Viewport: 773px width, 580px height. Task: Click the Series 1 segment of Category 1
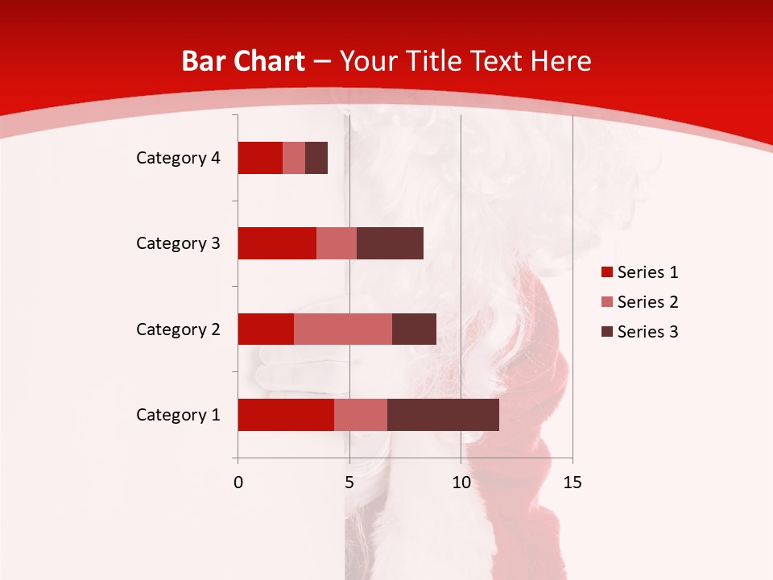click(x=286, y=415)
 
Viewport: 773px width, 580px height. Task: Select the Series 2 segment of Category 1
click(x=361, y=415)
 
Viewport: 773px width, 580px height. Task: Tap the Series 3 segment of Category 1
click(x=443, y=415)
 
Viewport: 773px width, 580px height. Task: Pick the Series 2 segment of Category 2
click(x=343, y=329)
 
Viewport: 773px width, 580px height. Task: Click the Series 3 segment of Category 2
click(x=414, y=329)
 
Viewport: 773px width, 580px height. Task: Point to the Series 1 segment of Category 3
click(x=277, y=243)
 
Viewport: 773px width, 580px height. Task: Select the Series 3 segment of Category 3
click(x=390, y=243)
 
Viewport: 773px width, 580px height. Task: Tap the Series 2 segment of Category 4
click(x=294, y=158)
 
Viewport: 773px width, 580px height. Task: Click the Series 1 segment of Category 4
click(x=260, y=158)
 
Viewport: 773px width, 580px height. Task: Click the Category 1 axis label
click(x=178, y=415)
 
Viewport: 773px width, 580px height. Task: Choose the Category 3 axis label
click(x=178, y=243)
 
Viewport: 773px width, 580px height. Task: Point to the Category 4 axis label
click(x=178, y=158)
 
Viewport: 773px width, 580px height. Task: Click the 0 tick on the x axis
click(x=238, y=483)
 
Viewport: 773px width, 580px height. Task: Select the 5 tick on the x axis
click(x=349, y=483)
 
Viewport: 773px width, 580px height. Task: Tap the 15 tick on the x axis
click(x=573, y=483)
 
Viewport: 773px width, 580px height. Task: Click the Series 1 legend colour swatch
click(x=606, y=272)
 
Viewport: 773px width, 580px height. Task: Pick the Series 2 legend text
click(x=647, y=302)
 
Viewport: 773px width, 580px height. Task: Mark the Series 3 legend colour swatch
click(x=606, y=332)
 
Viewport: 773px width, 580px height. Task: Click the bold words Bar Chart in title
click(x=243, y=61)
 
